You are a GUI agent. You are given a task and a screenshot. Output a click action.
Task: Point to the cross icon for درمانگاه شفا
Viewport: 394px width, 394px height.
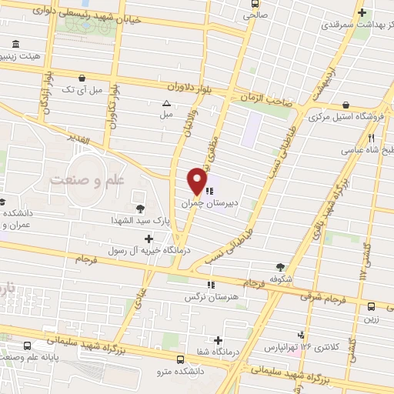tap(219, 340)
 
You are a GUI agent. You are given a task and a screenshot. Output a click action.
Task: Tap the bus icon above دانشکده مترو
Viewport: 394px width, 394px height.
tap(180, 359)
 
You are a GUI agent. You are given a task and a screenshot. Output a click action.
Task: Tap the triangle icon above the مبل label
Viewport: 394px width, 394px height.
tap(166, 103)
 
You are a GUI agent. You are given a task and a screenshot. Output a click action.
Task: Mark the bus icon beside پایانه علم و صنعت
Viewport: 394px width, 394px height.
tap(28, 346)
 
